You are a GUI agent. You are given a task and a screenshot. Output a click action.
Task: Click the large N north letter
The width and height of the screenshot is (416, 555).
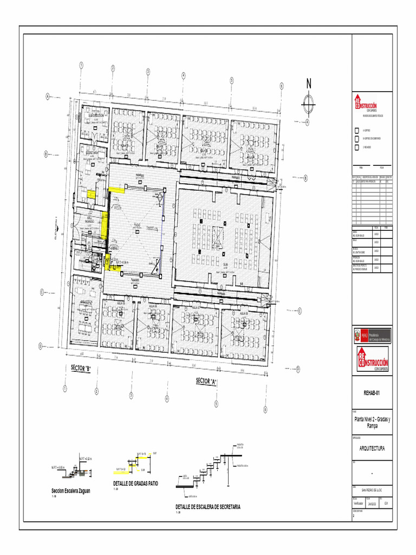pyautogui.click(x=309, y=84)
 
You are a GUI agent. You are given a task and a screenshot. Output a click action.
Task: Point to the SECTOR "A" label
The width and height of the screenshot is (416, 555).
pyautogui.click(x=206, y=382)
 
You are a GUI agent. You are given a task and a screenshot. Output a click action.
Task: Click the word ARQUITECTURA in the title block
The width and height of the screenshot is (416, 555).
pyautogui.click(x=372, y=448)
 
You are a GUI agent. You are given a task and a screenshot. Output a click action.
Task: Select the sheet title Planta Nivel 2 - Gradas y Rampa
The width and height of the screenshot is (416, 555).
pyautogui.click(x=372, y=423)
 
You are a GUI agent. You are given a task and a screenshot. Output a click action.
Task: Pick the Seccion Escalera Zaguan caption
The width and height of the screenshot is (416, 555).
pyautogui.click(x=70, y=491)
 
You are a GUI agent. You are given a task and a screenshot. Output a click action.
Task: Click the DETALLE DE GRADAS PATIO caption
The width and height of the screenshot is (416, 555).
pyautogui.click(x=135, y=483)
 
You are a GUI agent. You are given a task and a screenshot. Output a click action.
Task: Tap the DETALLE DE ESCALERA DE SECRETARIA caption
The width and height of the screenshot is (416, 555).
pyautogui.click(x=207, y=507)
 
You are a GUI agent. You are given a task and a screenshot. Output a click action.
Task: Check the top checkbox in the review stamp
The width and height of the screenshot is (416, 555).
pyautogui.click(x=356, y=131)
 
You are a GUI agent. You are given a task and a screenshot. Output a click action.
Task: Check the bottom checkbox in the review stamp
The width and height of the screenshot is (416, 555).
pyautogui.click(x=356, y=147)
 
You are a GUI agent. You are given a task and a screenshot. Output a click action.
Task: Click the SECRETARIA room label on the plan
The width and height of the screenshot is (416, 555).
pyautogui.click(x=91, y=153)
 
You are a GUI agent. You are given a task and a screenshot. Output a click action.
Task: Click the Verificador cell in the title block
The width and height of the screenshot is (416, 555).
pyautogui.click(x=359, y=504)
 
